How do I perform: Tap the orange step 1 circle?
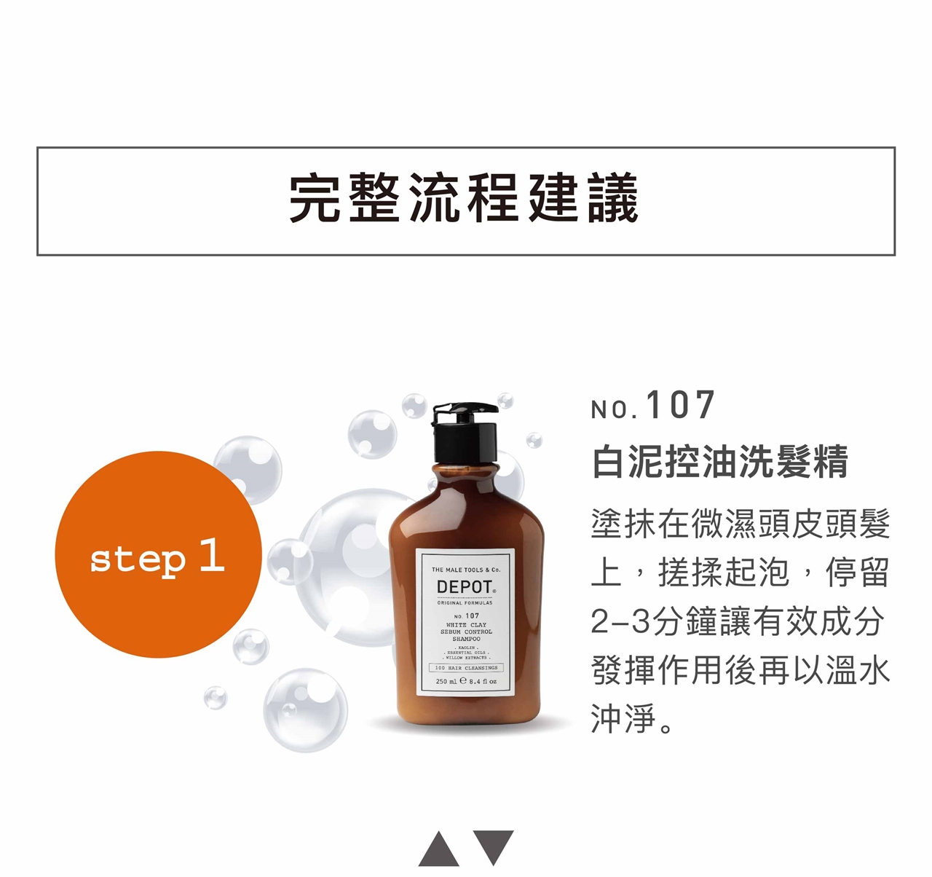coord(159,554)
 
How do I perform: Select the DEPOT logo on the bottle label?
coord(465,587)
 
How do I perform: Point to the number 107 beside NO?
coord(681,405)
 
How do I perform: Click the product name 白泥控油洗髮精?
coord(720,462)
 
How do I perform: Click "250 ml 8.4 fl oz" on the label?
coord(465,681)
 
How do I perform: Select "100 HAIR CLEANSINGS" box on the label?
coord(466,668)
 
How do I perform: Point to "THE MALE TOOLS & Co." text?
coord(466,570)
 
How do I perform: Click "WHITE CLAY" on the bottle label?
coord(467,625)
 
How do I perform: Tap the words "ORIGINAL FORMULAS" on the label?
coord(465,602)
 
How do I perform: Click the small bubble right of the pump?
coord(534,440)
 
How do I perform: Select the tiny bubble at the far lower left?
coord(216,697)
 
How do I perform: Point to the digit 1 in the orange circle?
coord(212,555)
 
